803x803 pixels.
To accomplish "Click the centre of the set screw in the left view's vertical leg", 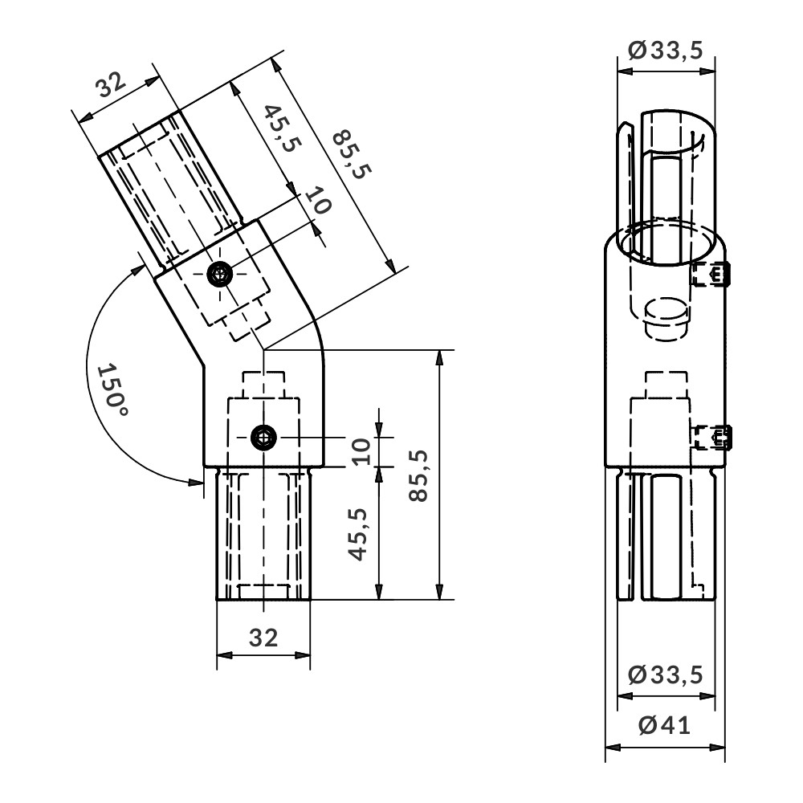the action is pos(263,438).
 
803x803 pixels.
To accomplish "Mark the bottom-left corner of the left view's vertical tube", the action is pos(217,599).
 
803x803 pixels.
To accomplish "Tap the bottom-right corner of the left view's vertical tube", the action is pos(310,599).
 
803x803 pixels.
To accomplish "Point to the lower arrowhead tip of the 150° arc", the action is pos(203,482).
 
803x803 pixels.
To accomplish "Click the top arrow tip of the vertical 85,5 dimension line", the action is pos(439,350).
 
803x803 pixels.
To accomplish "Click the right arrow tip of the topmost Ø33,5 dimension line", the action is pos(715,71).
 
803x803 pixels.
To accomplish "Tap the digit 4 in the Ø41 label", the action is pos(674,725).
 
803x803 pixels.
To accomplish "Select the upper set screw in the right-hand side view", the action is pos(713,274).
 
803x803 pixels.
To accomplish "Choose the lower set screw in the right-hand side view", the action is pos(713,438).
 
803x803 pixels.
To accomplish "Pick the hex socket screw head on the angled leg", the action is pos(220,275).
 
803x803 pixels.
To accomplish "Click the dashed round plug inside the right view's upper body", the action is pos(666,320).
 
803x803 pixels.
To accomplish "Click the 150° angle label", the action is pos(111,391).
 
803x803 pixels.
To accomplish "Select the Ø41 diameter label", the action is pos(665,725).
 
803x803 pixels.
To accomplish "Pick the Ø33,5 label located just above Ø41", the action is pos(666,675).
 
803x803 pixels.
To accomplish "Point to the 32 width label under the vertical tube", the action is pos(263,638).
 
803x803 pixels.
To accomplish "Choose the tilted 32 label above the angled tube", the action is pos(111,84).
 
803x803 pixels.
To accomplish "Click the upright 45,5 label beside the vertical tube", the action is pos(358,534).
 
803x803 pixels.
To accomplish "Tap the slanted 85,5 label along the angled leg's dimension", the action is pos(352,155).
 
